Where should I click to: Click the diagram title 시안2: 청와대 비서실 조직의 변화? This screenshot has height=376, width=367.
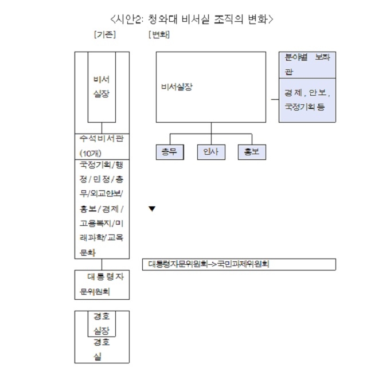click(x=192, y=19)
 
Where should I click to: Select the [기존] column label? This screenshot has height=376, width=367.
click(x=105, y=34)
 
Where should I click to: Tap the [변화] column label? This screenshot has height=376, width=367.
click(x=159, y=34)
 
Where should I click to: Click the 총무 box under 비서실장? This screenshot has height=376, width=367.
click(x=170, y=152)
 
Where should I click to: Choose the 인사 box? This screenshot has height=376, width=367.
click(x=211, y=152)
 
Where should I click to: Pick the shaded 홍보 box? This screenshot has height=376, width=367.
click(x=252, y=152)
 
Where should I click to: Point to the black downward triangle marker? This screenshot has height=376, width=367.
click(x=152, y=209)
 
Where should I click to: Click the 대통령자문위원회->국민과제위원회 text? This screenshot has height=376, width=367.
click(x=209, y=264)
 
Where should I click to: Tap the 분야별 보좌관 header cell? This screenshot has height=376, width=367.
click(x=307, y=65)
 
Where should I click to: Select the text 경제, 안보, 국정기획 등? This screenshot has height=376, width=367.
click(x=307, y=100)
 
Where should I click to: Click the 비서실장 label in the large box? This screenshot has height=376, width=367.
click(x=177, y=87)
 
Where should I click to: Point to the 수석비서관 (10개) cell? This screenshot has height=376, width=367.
click(x=102, y=147)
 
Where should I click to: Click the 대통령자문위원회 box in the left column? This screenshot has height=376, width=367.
click(x=102, y=285)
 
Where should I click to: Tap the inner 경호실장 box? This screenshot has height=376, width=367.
click(x=101, y=324)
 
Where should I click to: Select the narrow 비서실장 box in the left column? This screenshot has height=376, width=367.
click(x=101, y=87)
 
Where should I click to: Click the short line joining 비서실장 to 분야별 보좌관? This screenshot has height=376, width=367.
click(x=275, y=99)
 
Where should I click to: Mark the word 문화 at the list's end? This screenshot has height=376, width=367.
click(x=88, y=253)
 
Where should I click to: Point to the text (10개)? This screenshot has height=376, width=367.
click(x=91, y=154)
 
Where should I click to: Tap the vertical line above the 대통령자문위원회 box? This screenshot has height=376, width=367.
click(x=101, y=264)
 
